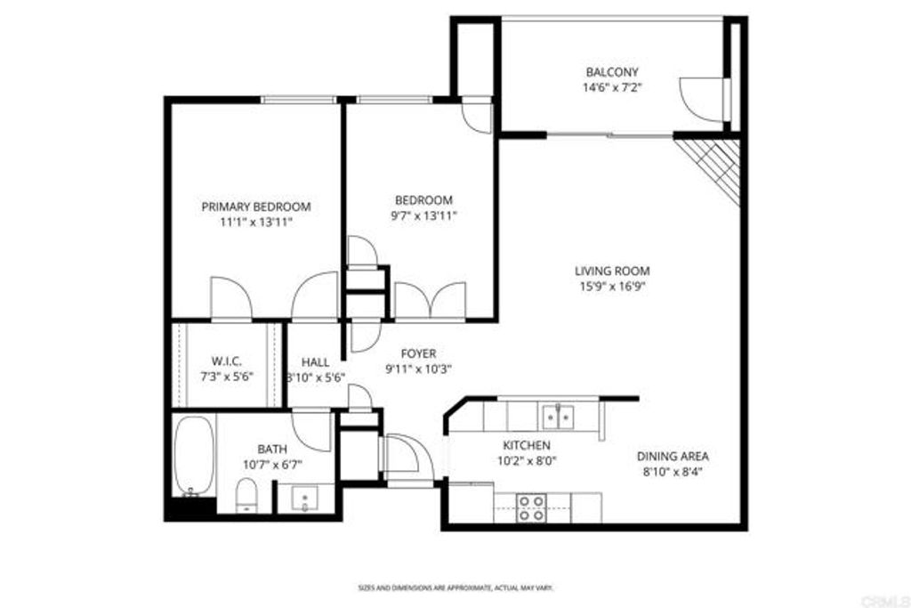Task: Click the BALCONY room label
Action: pos(611,72)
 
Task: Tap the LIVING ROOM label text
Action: pos(611,271)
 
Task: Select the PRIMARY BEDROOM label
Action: pos(255,207)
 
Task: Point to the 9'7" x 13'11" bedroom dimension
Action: pos(423,215)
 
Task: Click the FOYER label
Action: pos(417,353)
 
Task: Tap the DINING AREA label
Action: pos(672,457)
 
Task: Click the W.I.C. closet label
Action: pos(227,361)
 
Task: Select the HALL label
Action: pos(315,362)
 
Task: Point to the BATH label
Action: pos(272,449)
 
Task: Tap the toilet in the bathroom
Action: pos(246,496)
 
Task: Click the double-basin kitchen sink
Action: pos(558,416)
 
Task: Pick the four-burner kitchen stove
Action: pos(532,508)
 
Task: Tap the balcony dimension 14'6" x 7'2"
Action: pos(611,87)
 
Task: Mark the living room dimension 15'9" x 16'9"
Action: pos(611,286)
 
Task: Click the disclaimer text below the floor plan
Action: pos(455,588)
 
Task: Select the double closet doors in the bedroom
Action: pos(431,300)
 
